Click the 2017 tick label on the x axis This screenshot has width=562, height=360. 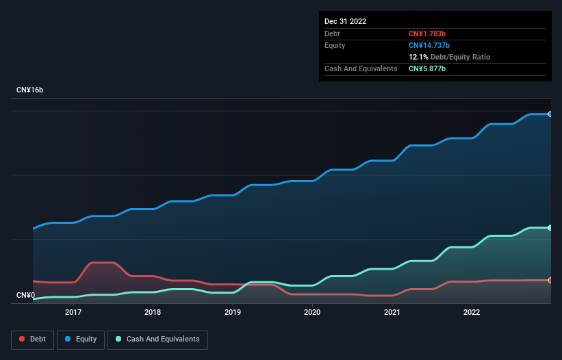point(73,312)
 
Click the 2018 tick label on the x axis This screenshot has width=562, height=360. point(153,312)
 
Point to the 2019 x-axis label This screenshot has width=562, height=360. point(233,312)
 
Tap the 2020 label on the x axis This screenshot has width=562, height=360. point(312,312)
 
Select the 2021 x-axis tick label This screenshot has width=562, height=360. point(392,312)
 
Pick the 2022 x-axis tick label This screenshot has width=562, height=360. point(472,312)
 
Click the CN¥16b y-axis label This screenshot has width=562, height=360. point(29,90)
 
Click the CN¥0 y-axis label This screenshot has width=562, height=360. point(25,296)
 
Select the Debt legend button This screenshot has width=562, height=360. point(32,339)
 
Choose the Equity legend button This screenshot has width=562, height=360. point(81,339)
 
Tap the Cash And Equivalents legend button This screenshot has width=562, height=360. point(157,339)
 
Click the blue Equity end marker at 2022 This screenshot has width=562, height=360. point(550,114)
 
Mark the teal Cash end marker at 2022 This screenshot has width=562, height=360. point(550,228)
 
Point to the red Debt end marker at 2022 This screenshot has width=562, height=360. point(550,281)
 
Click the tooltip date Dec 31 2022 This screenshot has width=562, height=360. point(345,21)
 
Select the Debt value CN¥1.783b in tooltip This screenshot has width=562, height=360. point(427,34)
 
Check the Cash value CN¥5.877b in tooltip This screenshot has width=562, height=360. point(427,68)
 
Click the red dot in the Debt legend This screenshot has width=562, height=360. point(23,339)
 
